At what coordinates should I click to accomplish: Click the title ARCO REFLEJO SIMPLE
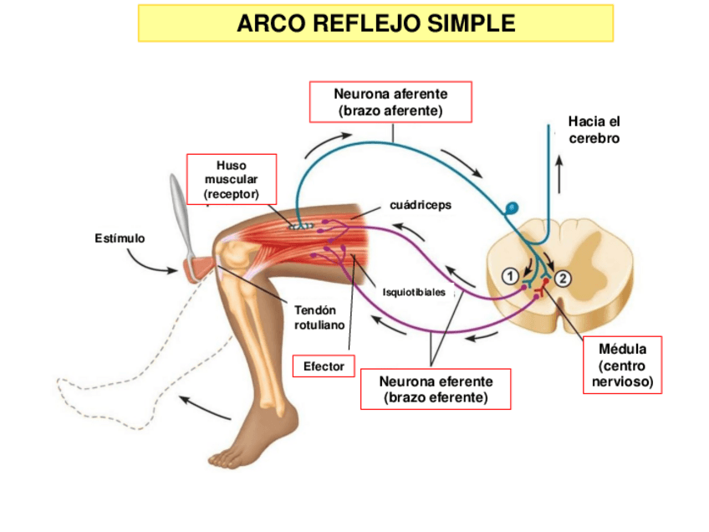(375, 23)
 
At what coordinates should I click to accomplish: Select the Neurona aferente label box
(390, 101)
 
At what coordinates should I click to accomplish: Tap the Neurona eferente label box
(436, 389)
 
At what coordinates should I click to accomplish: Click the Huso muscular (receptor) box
(231, 179)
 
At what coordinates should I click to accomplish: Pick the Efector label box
(324, 366)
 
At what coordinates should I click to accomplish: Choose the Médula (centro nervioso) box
(621, 366)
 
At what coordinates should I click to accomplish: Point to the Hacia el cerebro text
(594, 130)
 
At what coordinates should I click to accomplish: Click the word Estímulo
(120, 238)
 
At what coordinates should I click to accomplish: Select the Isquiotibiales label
(414, 292)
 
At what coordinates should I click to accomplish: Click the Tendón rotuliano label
(319, 317)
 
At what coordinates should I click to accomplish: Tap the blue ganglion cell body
(513, 207)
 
